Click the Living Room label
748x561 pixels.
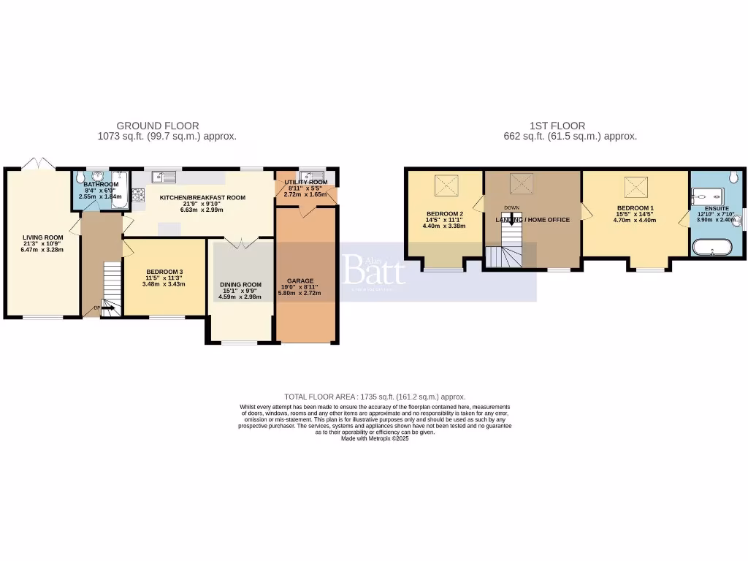click(x=42, y=237)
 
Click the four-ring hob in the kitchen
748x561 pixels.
click(x=137, y=194)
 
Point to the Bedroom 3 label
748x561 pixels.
click(x=164, y=272)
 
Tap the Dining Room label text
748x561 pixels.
click(x=240, y=285)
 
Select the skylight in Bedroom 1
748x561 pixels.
click(x=633, y=188)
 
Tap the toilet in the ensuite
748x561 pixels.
click(x=733, y=176)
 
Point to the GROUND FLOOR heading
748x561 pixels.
click(x=158, y=126)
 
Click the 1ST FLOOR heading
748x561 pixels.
click(x=557, y=126)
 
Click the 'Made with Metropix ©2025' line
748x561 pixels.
click(x=375, y=438)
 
